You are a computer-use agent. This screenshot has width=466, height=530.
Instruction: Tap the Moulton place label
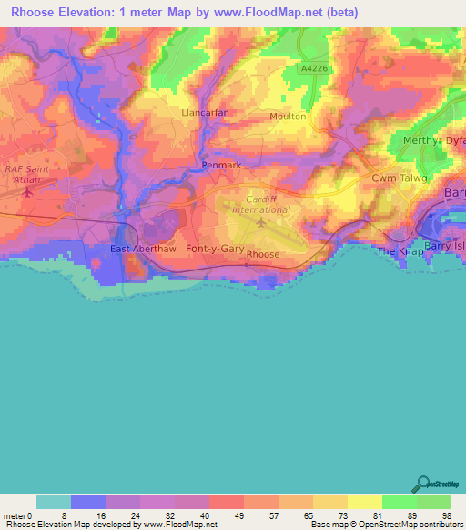(288, 117)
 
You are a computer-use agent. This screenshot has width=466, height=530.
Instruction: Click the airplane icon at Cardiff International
(262, 221)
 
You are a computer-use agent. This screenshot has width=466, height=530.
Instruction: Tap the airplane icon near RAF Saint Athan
(26, 191)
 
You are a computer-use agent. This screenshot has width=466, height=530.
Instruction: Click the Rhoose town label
(262, 256)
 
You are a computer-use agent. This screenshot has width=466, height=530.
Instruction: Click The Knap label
(400, 251)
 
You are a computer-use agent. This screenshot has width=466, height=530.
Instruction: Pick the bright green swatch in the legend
(400, 502)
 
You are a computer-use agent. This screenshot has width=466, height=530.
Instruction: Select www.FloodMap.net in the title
(282, 13)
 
